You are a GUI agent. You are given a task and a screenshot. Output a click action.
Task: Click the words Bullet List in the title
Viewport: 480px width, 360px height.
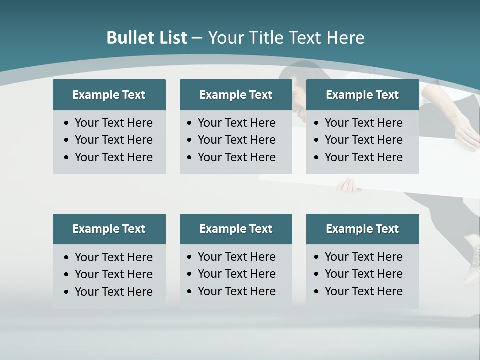coord(147,38)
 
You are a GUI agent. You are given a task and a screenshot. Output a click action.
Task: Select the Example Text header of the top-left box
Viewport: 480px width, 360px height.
coord(109,95)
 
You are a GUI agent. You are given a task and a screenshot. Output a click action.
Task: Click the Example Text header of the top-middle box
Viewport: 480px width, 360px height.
coord(236,95)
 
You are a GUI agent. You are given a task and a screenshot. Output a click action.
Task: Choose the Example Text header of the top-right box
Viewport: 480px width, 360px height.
coord(362,95)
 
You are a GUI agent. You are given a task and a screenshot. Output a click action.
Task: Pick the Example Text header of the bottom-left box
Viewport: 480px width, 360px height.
coord(109,229)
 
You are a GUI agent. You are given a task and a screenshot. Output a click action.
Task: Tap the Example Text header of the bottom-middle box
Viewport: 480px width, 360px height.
coord(236,229)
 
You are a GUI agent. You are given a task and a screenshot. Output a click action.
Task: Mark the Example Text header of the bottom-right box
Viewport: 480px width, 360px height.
coord(362,229)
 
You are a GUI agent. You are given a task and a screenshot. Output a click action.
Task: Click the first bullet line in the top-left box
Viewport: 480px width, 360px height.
coord(113,123)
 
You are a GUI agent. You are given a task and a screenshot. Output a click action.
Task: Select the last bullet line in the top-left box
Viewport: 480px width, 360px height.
coord(113,157)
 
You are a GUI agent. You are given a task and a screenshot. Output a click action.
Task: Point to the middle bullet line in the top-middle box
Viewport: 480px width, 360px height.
coord(236,140)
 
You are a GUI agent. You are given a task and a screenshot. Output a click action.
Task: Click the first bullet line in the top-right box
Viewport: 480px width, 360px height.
coord(363,123)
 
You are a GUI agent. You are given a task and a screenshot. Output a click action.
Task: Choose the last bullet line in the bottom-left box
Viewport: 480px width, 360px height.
coord(113,292)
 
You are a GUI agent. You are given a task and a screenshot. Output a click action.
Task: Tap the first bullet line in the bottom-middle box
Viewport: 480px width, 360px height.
coord(236,257)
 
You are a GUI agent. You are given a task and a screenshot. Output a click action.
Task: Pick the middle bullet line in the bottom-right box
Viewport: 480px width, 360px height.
coord(363,274)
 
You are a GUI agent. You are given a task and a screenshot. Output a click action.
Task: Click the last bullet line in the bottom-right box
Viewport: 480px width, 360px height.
coord(363,291)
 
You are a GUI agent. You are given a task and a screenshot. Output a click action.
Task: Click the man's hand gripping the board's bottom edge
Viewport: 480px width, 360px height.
coord(347,186)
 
